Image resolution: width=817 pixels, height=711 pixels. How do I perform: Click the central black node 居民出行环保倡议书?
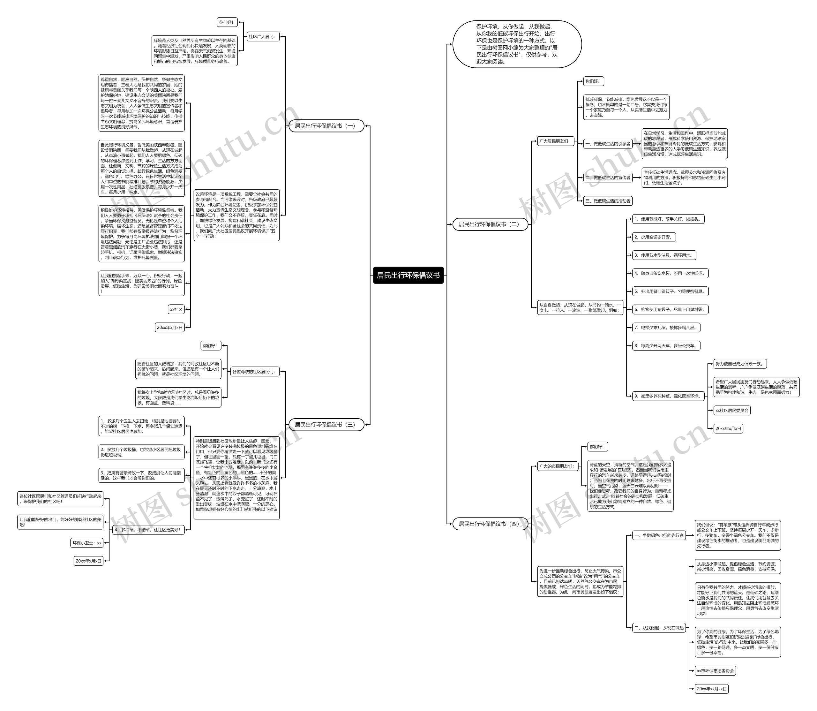(408, 275)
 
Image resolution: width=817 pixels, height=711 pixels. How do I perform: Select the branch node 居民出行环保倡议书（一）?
(326, 126)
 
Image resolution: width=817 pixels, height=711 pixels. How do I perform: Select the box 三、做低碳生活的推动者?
(608, 201)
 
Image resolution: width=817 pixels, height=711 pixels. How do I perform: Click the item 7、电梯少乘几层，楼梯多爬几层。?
(666, 328)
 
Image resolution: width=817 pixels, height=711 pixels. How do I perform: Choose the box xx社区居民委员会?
(732, 411)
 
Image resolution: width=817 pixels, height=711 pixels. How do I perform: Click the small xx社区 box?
(176, 309)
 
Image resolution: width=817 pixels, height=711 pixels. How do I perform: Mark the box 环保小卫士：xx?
(87, 543)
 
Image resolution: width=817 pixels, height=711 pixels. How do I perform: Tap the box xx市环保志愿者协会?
(716, 671)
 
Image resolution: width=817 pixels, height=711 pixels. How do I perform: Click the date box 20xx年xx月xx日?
(712, 689)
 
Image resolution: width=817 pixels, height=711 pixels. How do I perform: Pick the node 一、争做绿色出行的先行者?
(659, 535)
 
